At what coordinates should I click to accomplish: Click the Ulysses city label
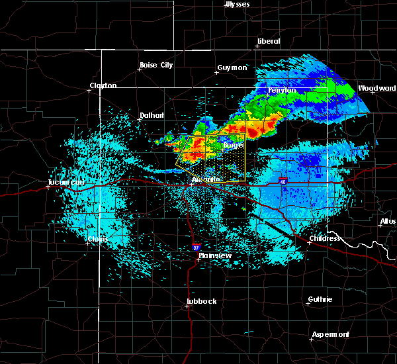pos(239,4)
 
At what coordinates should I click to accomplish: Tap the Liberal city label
pos(269,41)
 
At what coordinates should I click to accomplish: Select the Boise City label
pos(156,65)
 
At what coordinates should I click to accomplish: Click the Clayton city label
pos(103,85)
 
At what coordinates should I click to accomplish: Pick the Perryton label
pos(282,90)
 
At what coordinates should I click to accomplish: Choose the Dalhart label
pos(152,115)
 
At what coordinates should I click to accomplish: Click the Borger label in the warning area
pos(233,144)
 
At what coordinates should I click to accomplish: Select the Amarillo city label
pos(205,180)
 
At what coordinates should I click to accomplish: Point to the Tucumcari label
pos(64,183)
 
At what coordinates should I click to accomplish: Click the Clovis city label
pos(99,239)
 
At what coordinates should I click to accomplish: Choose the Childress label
pos(325,238)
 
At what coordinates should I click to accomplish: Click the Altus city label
pos(388,221)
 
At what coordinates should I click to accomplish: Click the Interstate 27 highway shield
pos(197,248)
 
